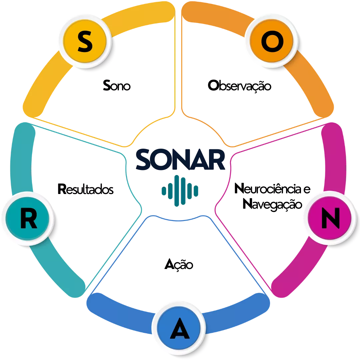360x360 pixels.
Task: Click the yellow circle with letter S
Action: pyautogui.click(x=85, y=41)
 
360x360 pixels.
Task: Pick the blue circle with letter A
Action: pyautogui.click(x=179, y=328)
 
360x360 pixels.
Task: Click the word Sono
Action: pyautogui.click(x=117, y=86)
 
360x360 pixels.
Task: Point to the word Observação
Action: pyautogui.click(x=239, y=86)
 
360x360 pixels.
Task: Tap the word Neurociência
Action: pyautogui.click(x=268, y=189)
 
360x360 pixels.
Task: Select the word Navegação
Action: pyautogui.click(x=272, y=204)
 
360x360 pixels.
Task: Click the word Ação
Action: pyautogui.click(x=179, y=264)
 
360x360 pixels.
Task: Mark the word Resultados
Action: pyautogui.click(x=85, y=189)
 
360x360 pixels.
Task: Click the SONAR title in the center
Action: pyautogui.click(x=180, y=159)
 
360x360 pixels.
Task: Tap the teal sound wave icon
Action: pyautogui.click(x=180, y=191)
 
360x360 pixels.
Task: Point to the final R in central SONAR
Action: pyautogui.click(x=216, y=160)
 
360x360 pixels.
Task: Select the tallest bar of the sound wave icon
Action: pyautogui.click(x=177, y=191)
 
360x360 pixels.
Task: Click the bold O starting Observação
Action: pyautogui.click(x=213, y=85)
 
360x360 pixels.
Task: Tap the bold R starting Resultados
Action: pyautogui.click(x=62, y=189)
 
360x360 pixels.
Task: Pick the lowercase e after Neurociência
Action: pyautogui.click(x=307, y=190)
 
